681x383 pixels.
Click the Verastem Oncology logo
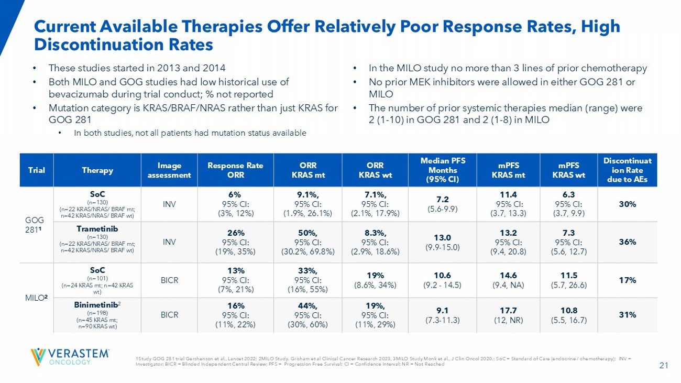[x=70, y=356]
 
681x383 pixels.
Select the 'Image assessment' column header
[x=169, y=169]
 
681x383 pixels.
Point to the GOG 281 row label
[x=36, y=224]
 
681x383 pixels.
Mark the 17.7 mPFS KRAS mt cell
[x=506, y=305]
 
